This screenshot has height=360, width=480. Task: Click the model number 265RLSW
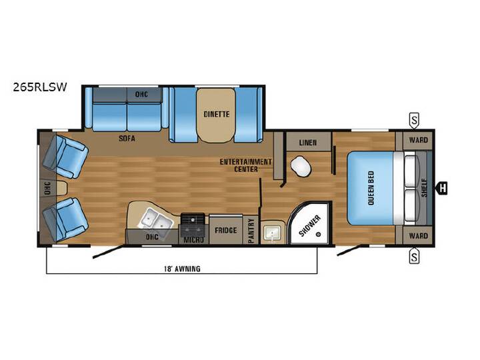pos(40,87)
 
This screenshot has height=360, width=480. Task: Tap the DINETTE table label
pos(217,114)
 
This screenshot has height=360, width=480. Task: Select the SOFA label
pos(127,139)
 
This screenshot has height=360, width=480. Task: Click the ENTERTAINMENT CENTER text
pos(246,165)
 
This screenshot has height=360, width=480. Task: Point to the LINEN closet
pos(308,142)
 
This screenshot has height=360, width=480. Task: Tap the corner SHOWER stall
pos(310,223)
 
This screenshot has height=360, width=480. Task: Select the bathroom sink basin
pos(272,233)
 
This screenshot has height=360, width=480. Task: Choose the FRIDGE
pos(226,229)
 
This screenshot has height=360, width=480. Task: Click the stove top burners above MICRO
pos(193,224)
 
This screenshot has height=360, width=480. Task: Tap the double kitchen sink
pos(154,220)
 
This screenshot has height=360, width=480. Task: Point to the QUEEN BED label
pos(371,188)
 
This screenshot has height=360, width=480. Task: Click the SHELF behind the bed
pos(424,187)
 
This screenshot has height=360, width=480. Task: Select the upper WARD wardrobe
pos(417,140)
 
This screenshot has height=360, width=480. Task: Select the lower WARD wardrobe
pos(417,236)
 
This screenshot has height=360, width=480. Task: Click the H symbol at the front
pos(442,187)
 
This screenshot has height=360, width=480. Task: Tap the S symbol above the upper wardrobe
pos(414,120)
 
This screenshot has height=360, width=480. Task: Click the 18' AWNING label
pos(183,269)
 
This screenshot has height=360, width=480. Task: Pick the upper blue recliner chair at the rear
pos(65,157)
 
